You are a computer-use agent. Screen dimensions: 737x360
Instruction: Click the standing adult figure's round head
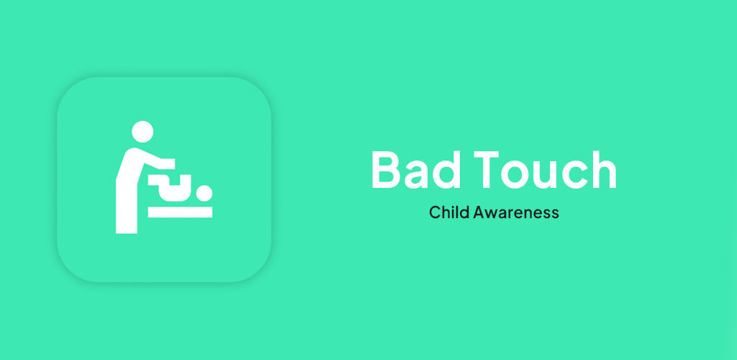pos(143,132)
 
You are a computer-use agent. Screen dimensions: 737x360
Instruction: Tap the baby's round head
pos(204,193)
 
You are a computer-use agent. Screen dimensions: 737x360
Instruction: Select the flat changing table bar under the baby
pos(180,212)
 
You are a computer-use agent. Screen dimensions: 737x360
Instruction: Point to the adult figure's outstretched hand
pos(168,163)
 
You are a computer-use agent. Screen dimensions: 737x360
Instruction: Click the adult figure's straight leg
pos(127,207)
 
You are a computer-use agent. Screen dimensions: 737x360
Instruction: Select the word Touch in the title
pos(545,170)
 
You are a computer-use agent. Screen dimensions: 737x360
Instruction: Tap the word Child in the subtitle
pos(449,212)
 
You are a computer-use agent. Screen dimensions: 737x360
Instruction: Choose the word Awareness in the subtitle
pos(516,212)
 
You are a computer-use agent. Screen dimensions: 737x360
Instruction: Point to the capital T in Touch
pos(486,170)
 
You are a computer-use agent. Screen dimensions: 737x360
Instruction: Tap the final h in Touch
pos(604,169)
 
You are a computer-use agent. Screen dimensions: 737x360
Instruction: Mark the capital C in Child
pos(435,212)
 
